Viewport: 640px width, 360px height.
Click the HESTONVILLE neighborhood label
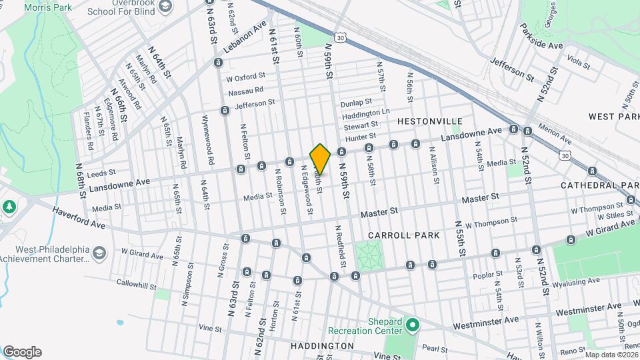coord(429,121)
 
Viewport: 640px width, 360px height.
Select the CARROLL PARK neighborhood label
coord(403,235)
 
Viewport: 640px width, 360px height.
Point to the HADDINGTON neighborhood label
coord(322,346)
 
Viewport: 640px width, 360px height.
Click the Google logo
coord(22,351)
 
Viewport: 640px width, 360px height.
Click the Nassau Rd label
coord(245,91)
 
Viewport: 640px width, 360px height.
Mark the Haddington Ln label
coord(365,114)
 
